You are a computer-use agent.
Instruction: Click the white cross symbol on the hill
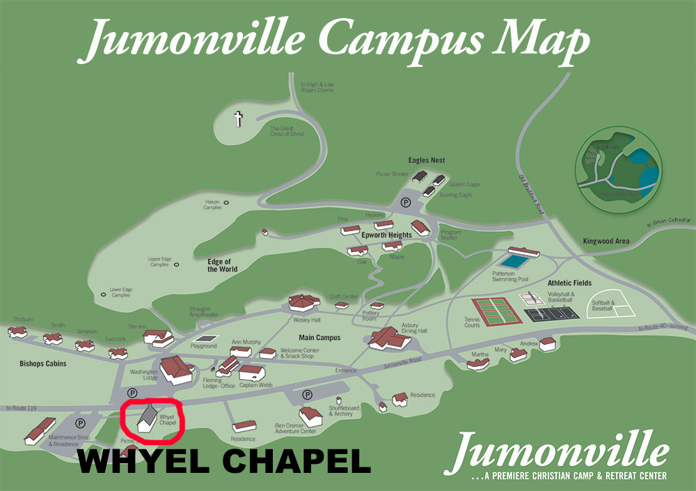tap(238, 119)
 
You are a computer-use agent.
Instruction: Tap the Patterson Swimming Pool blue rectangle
tap(514, 262)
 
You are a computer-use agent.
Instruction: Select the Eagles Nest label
tap(427, 160)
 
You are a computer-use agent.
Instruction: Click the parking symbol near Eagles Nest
tap(405, 203)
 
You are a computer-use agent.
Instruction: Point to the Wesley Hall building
tap(304, 304)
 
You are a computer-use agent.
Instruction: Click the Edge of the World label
tap(222, 265)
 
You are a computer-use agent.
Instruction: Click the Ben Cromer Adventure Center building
tap(310, 416)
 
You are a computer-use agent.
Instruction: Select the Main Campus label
tap(319, 338)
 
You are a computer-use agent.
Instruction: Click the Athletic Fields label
tap(569, 283)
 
